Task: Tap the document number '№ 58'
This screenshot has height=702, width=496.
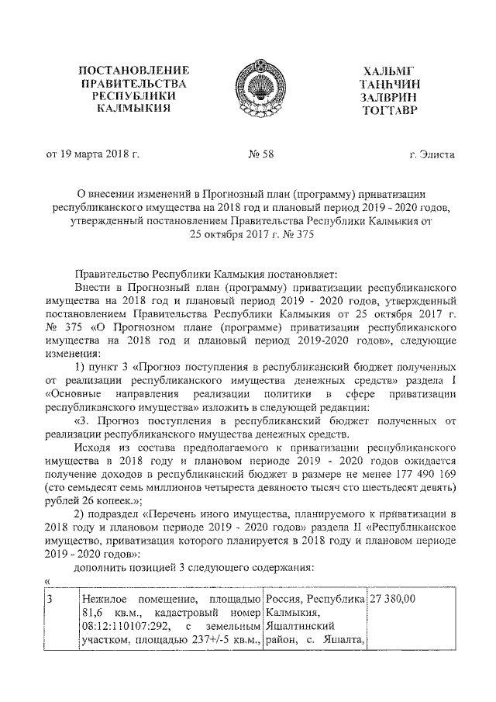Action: [262, 154]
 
